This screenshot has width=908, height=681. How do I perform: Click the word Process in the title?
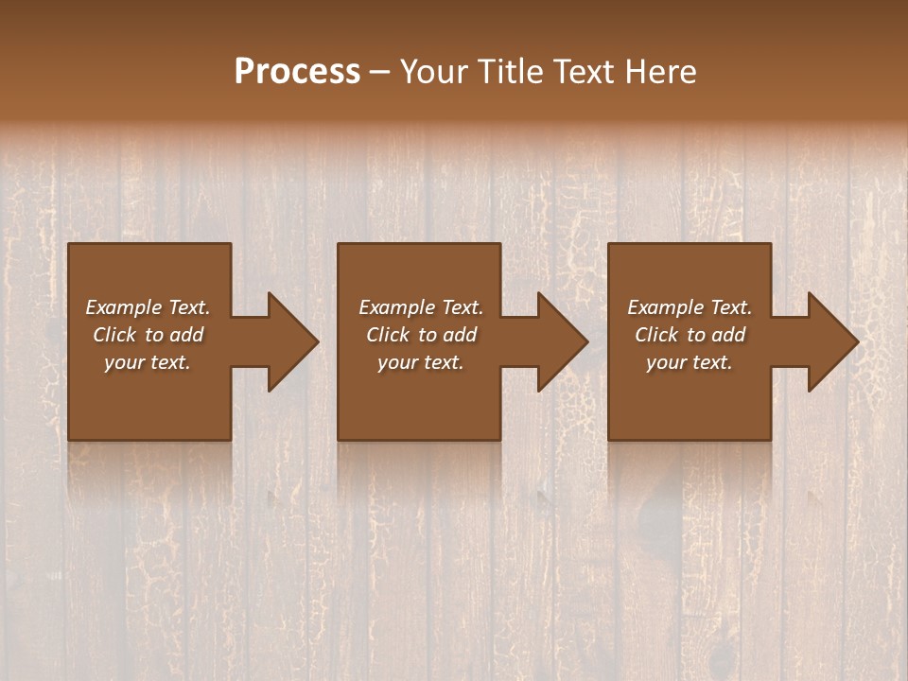(297, 72)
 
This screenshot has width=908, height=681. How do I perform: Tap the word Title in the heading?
(509, 72)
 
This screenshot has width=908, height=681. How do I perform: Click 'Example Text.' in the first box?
(148, 307)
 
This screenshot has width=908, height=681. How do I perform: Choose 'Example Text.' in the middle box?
(421, 307)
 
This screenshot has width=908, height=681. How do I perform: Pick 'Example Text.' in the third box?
(690, 307)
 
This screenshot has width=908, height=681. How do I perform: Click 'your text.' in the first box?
(148, 362)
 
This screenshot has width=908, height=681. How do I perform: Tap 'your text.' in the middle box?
(421, 362)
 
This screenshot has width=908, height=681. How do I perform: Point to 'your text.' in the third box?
(690, 362)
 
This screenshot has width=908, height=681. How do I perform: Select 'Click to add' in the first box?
(148, 335)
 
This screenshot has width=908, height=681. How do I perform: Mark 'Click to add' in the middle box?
(421, 335)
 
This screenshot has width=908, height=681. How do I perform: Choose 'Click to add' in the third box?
(690, 335)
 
